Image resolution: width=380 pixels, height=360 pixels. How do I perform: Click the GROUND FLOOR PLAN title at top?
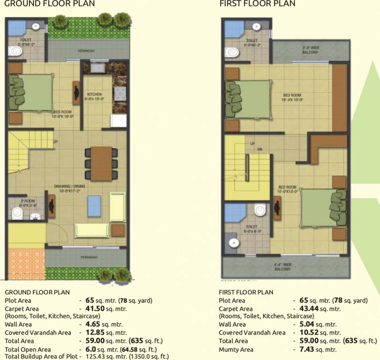(x=49, y=4)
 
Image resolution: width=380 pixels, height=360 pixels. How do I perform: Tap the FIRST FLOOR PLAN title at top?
(x=258, y=4)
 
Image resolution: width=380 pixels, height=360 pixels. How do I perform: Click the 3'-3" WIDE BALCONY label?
(x=311, y=50)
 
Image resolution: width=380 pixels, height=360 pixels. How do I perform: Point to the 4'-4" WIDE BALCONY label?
(x=283, y=267)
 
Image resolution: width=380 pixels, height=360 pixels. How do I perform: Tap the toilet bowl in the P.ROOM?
(x=18, y=214)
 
